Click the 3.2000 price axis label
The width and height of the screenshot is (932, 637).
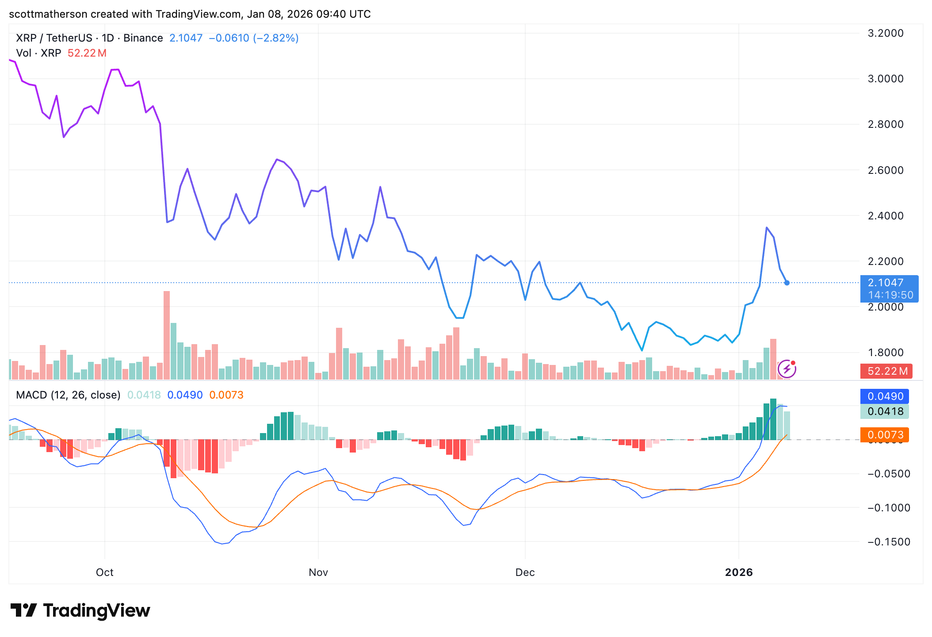click(886, 33)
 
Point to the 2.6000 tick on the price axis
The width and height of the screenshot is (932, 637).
click(886, 170)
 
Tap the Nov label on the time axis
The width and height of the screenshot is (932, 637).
click(318, 572)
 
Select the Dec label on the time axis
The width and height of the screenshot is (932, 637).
click(525, 572)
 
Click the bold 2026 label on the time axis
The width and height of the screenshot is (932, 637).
click(739, 572)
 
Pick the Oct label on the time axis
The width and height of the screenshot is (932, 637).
click(105, 572)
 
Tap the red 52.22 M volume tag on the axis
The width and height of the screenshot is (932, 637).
click(887, 371)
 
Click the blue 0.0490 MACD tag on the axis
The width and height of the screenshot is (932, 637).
click(885, 396)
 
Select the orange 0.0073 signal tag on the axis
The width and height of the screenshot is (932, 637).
click(885, 435)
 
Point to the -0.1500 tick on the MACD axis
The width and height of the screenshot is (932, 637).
click(889, 542)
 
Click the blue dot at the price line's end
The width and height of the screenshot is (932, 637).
click(787, 283)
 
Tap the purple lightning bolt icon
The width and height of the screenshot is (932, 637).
click(787, 369)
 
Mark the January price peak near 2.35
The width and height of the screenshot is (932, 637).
click(767, 227)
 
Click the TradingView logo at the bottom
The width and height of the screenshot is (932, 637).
click(80, 610)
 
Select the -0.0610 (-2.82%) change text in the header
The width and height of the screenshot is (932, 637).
click(253, 38)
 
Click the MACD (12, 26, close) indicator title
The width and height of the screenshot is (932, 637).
click(68, 395)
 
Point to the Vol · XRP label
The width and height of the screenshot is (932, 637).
click(38, 53)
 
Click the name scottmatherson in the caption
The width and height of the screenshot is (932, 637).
click(48, 14)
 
